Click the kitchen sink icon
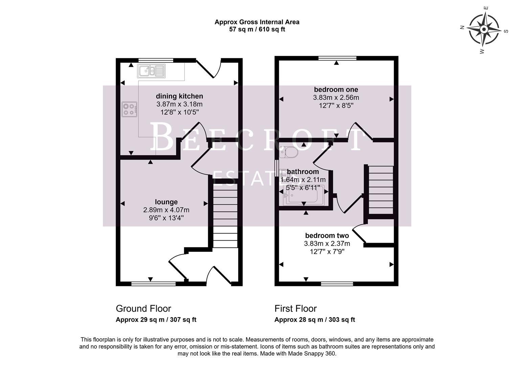click(x=151, y=71)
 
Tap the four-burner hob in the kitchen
click(x=130, y=109)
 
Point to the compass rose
click(x=484, y=29)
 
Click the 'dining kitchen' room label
click(x=179, y=96)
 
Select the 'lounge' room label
click(x=166, y=202)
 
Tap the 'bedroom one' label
click(x=336, y=89)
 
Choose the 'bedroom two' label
click(x=327, y=236)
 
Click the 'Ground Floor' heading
click(x=143, y=308)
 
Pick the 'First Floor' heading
click(x=295, y=308)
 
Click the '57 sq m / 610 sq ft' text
click(x=257, y=29)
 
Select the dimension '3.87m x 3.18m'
click(x=179, y=104)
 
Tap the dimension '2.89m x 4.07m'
click(x=166, y=210)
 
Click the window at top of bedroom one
click(x=337, y=58)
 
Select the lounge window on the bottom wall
click(x=153, y=284)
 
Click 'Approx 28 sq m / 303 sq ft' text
click(x=314, y=320)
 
